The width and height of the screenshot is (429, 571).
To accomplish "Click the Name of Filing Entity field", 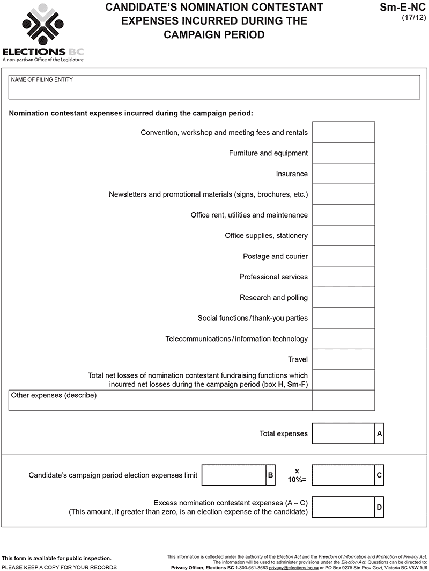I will tap(214, 88).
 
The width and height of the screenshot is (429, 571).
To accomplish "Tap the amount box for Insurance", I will tap(343, 174).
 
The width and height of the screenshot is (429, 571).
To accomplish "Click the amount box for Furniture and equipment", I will tap(343, 153).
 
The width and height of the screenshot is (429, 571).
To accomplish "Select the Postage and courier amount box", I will tap(343, 256).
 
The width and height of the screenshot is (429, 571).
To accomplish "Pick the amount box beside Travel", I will tap(343, 359).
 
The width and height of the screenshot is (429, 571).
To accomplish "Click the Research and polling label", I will tap(273, 298).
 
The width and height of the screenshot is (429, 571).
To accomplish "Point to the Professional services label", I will tap(273, 277).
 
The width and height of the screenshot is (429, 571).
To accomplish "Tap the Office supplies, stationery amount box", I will tap(343, 236).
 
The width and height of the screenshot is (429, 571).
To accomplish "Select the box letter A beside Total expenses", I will tap(379, 433).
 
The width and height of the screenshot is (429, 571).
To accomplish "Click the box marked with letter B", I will tap(270, 475).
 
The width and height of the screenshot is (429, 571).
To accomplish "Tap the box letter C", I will tap(379, 475).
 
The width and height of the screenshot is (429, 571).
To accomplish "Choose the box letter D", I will tap(379, 507).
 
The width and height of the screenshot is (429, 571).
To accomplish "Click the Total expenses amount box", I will tap(343, 433).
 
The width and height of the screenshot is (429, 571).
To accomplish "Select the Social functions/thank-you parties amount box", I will tap(343, 318).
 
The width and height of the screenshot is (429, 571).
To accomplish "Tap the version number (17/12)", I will tap(413, 17).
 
